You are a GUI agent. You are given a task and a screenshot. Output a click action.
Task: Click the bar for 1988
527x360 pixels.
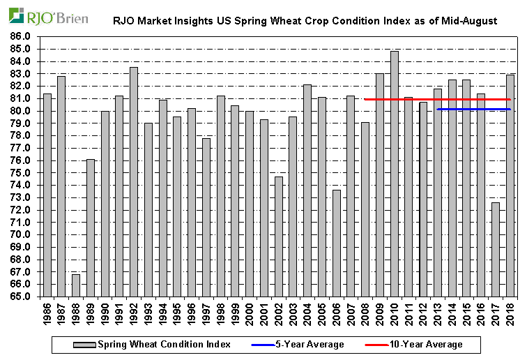(x=76, y=285)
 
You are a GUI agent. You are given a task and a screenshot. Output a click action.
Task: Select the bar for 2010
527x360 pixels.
(x=395, y=174)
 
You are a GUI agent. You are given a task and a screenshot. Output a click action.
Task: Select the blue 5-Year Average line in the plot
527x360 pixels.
(x=474, y=109)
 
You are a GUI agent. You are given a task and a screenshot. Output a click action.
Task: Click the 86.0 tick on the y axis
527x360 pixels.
(x=21, y=36)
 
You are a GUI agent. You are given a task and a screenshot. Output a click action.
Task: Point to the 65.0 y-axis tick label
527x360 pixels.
(x=21, y=297)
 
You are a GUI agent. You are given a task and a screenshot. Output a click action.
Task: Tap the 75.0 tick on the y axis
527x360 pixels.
(x=21, y=172)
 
